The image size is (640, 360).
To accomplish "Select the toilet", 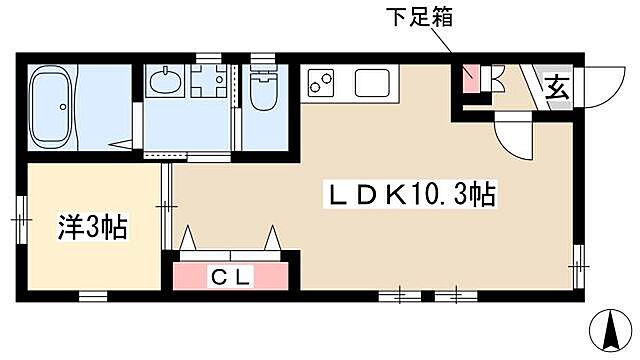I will [262, 92].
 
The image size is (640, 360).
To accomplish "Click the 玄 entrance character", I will [555, 87].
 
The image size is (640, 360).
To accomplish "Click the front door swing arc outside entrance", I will [601, 91].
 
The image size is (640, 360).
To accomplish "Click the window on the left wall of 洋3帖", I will [19, 214].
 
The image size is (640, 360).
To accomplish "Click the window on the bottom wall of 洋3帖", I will [92, 295].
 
